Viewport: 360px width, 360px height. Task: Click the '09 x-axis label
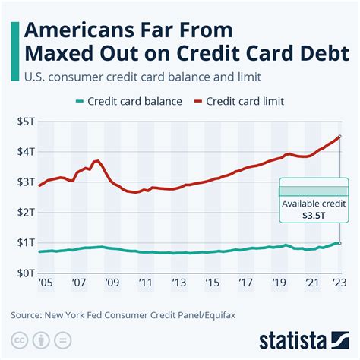coord(112,282)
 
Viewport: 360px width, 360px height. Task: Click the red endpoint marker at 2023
coord(339,137)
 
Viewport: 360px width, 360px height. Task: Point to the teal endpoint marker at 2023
coord(339,243)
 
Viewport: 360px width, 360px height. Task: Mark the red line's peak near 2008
coord(97,160)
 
